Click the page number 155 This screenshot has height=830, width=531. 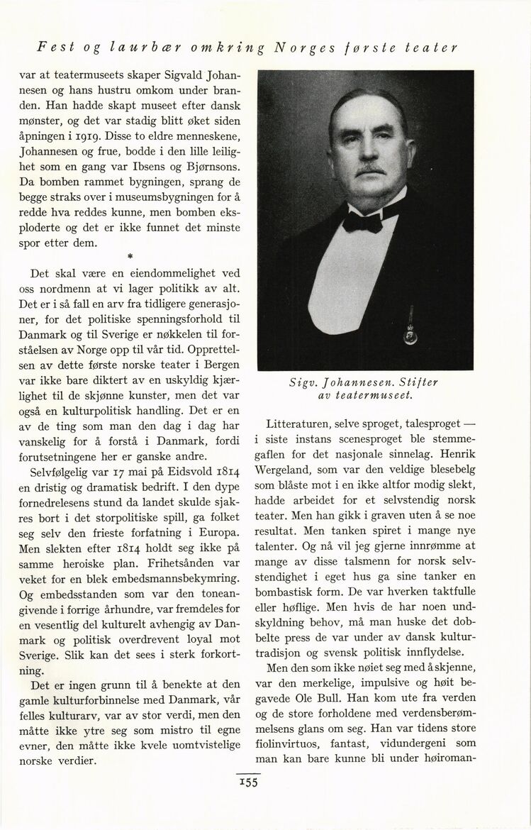click(x=248, y=782)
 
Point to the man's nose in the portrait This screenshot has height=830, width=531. click(x=369, y=152)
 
